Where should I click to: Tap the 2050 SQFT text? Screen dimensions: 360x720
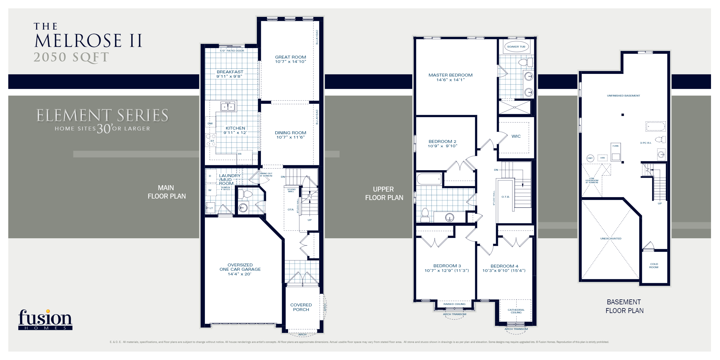tap(71, 57)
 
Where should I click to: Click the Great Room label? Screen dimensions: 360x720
tap(290, 57)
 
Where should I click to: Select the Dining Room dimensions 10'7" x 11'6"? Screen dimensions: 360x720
tap(290, 137)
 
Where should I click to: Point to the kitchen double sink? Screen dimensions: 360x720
tap(228, 107)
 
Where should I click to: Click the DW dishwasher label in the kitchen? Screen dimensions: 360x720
tap(210, 123)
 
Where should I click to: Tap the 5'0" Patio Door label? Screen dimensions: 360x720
tap(232, 51)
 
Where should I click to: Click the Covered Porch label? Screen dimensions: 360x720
tap(301, 307)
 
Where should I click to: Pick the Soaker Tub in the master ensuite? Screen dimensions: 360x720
tap(516, 47)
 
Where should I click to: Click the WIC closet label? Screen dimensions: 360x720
tap(516, 136)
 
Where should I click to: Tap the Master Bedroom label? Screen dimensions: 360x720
tap(450, 75)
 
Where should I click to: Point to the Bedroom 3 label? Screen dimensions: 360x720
tap(447, 266)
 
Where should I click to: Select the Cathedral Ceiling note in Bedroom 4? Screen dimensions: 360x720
tap(516, 311)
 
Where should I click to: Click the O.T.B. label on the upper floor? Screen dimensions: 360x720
tap(506, 197)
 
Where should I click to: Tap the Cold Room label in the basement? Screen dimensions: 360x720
tap(654, 266)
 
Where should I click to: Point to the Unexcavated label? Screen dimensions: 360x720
tap(611, 239)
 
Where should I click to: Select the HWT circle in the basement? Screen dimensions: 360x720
tap(590, 158)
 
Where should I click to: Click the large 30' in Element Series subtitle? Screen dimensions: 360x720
tap(104, 128)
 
